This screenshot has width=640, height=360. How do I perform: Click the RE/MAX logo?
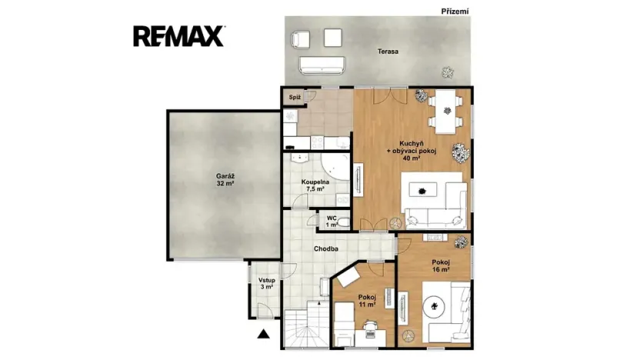click(x=178, y=36)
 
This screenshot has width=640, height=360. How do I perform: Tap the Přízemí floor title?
click(x=455, y=12)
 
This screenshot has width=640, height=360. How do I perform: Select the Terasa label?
click(x=388, y=52)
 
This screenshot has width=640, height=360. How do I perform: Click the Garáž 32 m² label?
click(x=225, y=180)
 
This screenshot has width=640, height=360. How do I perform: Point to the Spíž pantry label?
click(x=295, y=97)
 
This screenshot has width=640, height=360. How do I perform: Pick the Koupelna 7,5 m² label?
click(x=315, y=185)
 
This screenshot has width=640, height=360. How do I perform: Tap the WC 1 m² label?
click(x=332, y=222)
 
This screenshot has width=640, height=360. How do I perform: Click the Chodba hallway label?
click(x=325, y=248)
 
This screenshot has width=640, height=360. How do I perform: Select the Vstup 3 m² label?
click(x=266, y=284)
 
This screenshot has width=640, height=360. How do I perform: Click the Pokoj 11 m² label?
click(x=367, y=301)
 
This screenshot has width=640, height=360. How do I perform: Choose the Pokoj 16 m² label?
click(x=441, y=266)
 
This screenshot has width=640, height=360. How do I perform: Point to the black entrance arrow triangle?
click(x=264, y=334)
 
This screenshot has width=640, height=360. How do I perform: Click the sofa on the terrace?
click(x=322, y=65)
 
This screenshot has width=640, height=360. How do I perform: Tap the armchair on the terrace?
click(x=301, y=39)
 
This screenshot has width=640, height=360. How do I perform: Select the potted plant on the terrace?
click(x=448, y=72)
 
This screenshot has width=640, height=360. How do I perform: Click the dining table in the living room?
click(x=445, y=112)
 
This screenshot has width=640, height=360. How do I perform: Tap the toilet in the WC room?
click(x=344, y=223)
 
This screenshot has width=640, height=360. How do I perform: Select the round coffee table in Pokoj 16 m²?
click(x=434, y=305)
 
